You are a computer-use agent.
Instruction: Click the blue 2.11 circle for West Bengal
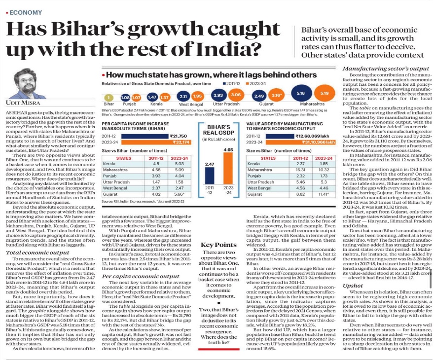(182, 96)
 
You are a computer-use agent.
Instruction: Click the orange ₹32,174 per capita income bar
(148, 142)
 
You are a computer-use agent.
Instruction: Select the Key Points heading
(217, 258)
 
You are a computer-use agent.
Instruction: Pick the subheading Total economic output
(30, 253)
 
